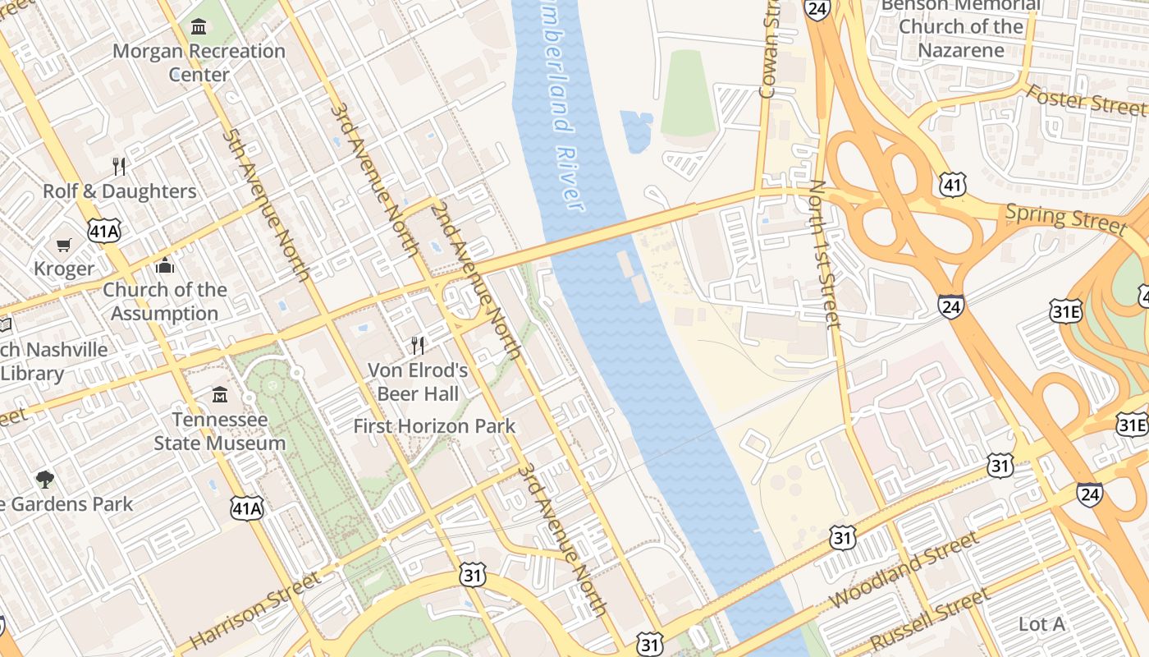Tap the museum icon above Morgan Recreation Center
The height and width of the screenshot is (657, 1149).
point(199,27)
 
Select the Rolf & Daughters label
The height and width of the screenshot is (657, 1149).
point(120,191)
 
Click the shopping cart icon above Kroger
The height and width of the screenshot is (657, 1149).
point(64,245)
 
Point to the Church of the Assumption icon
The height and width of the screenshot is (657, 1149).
point(165,265)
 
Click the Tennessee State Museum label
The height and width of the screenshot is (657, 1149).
point(219,431)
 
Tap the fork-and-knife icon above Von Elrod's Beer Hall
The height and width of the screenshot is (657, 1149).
point(418,345)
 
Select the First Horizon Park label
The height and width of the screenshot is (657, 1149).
point(434,426)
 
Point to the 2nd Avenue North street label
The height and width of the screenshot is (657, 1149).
point(476,280)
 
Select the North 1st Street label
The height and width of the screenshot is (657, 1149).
point(824,254)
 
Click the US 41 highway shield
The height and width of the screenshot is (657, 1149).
point(953,185)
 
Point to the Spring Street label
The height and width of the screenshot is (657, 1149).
point(1065,217)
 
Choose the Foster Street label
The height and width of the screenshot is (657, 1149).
point(1085,100)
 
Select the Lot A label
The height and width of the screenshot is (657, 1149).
point(1041,624)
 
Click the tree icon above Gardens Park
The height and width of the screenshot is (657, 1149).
point(45,479)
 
